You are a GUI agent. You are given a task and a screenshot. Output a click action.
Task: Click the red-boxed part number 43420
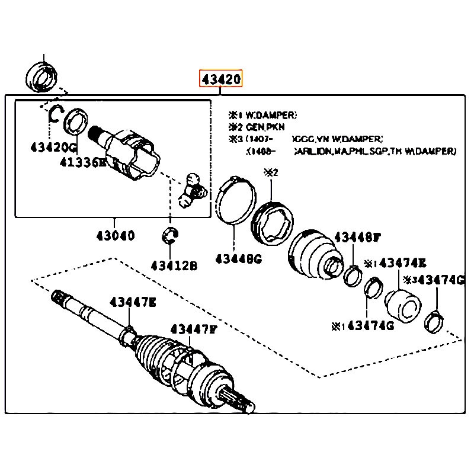(x=221, y=78)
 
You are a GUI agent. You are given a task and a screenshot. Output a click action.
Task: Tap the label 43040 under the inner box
(x=115, y=235)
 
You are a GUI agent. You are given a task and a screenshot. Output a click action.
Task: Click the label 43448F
(x=356, y=238)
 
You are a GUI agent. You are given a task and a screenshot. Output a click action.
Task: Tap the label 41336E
(x=82, y=162)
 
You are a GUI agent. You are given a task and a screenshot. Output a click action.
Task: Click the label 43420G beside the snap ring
(x=53, y=148)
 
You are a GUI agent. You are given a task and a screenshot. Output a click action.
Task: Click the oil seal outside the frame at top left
(x=42, y=77)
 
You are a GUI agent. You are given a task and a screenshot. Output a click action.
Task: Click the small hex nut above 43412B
(x=171, y=235)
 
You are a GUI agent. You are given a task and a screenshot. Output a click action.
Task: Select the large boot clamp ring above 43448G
(x=234, y=199)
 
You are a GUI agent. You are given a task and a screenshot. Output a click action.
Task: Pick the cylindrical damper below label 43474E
(x=403, y=307)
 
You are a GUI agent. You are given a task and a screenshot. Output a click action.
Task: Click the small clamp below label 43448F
(x=354, y=274)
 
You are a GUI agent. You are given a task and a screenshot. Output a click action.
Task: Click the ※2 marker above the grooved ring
(x=271, y=173)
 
